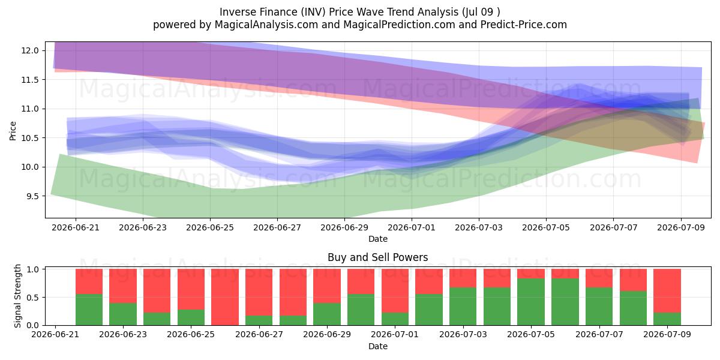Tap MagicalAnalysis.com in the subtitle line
click(x=266, y=25)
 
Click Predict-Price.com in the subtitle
click(x=524, y=25)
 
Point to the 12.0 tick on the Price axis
click(x=30, y=50)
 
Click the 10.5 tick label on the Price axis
click(x=30, y=138)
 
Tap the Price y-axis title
click(x=13, y=131)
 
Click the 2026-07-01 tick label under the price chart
click(x=412, y=227)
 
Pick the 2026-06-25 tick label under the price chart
click(x=210, y=227)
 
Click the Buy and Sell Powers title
click(x=377, y=257)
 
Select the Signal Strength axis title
click(x=17, y=296)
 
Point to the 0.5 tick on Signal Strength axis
click(x=32, y=298)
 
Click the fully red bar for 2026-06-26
click(x=225, y=297)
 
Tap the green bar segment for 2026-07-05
click(x=531, y=302)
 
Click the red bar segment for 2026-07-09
click(x=667, y=290)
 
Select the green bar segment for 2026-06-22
click(x=89, y=310)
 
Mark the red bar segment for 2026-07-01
click(x=395, y=290)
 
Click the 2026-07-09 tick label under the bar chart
click(x=667, y=334)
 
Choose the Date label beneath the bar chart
click(x=378, y=346)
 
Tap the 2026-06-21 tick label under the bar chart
click(x=55, y=334)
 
